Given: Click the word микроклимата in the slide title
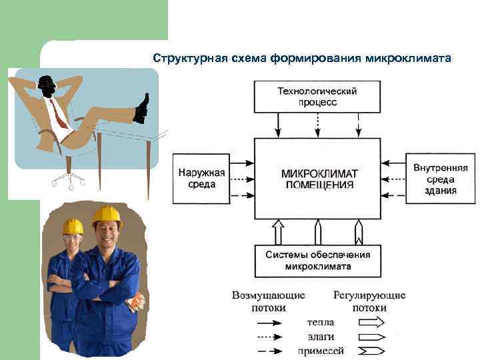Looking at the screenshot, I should [x=409, y=58].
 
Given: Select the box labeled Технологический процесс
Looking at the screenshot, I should [x=317, y=97].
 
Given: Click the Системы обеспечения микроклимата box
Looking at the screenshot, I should [x=318, y=261].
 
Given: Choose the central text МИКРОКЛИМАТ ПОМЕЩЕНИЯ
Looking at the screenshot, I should [x=319, y=179].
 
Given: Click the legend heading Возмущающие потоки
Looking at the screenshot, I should [x=269, y=301].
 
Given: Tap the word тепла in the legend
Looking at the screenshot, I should [x=320, y=322].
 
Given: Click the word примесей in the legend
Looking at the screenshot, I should [x=320, y=350].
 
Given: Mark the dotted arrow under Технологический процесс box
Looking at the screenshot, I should [x=317, y=125].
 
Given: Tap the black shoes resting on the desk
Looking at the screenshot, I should [x=141, y=109].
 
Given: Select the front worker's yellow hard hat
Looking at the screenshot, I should [x=107, y=214].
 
